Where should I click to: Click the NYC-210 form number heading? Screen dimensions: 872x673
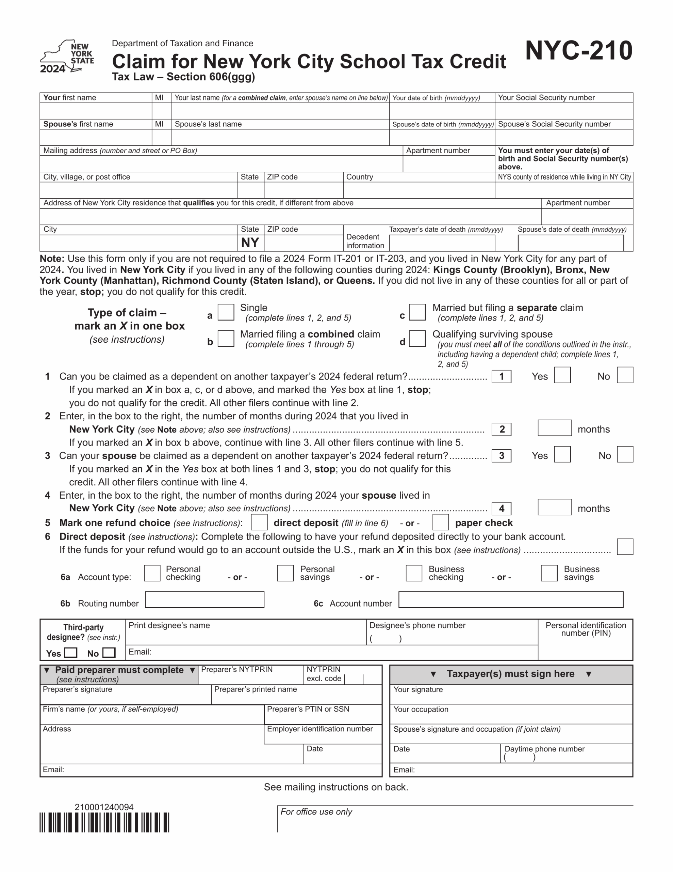578,51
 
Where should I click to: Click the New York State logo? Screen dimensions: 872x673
67,56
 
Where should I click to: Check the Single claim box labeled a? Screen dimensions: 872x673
226,312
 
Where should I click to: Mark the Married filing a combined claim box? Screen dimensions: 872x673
226,339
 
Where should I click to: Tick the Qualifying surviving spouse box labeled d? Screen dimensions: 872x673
417,339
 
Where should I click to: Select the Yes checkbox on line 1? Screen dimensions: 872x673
562,375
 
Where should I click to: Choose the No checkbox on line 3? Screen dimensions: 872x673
625,454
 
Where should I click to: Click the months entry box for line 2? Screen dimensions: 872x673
555,428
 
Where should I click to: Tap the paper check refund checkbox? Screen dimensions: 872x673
440,522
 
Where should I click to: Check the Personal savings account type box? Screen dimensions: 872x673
285,573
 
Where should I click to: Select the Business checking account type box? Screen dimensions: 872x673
414,573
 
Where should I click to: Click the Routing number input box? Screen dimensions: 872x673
204,600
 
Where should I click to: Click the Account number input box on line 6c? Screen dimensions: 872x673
511,600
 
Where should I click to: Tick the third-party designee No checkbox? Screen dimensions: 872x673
109,652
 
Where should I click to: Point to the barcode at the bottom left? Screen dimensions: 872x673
104,823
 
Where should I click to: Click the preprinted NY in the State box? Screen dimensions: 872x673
250,243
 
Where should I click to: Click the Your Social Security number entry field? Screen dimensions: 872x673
564,111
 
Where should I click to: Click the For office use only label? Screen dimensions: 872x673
316,812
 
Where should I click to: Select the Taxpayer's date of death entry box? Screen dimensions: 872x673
442,243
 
